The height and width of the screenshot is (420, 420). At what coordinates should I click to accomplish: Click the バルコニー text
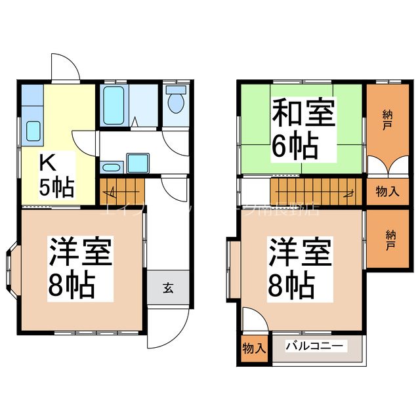point(317,346)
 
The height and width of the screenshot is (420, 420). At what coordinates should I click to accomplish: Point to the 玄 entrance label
point(169,287)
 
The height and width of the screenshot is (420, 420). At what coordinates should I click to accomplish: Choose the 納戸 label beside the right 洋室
point(389,238)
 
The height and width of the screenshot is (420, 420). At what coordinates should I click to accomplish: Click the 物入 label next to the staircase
point(387,192)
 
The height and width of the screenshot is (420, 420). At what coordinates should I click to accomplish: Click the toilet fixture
point(176,102)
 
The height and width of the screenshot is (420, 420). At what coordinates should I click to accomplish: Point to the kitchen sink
point(32,131)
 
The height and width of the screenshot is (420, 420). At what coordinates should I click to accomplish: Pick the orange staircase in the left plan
point(121,190)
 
